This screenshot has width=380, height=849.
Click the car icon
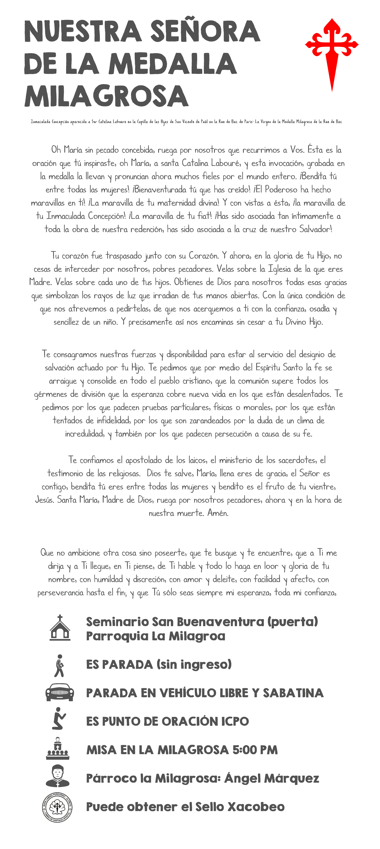point(60,692)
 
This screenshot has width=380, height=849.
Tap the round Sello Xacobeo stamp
point(57,807)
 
